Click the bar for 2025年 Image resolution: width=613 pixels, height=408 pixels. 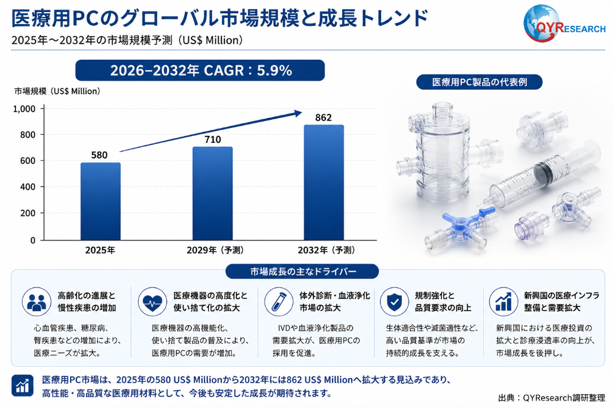(100, 201)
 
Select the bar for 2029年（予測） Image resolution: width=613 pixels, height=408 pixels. (212, 193)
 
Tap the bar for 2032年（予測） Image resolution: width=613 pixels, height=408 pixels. (324, 182)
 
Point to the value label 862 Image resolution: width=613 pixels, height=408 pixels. (323, 118)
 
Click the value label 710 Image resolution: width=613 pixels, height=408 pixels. (213, 139)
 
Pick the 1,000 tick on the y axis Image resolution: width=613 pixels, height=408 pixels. (24, 108)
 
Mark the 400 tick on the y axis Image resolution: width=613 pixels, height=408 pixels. (28, 187)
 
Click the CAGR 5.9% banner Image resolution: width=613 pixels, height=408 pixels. (200, 71)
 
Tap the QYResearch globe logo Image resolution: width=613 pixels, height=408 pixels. (542, 24)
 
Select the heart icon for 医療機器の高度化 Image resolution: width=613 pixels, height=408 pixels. (153, 302)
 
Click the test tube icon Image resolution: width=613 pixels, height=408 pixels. (278, 302)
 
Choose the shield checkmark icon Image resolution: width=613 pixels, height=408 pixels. (394, 302)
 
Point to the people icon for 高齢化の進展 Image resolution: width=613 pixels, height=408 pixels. (37, 302)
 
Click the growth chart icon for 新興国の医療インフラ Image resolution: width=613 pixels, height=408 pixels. (503, 302)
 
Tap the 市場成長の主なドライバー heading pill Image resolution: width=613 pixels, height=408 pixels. (302, 271)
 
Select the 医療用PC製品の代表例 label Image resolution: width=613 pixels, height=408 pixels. (479, 82)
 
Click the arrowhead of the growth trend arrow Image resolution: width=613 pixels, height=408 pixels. (298, 113)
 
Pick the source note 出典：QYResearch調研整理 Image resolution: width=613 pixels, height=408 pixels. (551, 398)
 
